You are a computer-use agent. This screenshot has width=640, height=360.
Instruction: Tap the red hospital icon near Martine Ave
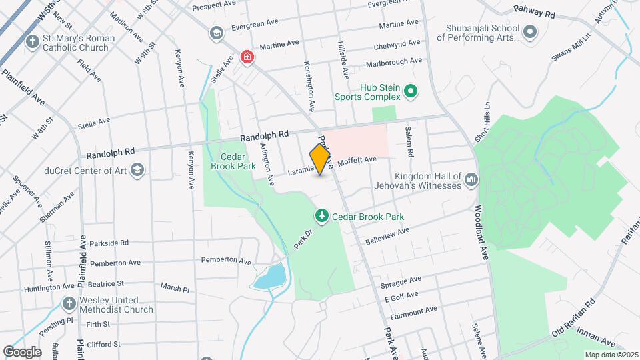[x=247, y=58]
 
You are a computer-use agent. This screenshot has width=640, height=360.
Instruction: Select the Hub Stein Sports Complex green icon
[x=411, y=92]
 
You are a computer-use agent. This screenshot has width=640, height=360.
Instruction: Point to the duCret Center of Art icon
[x=137, y=170]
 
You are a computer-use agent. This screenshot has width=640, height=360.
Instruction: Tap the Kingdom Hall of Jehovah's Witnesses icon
[x=471, y=180]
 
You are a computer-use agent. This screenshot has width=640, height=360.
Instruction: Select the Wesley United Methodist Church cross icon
[x=68, y=304]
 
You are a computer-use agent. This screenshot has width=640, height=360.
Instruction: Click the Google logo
[x=21, y=351]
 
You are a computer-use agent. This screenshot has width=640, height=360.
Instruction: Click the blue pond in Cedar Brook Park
[x=269, y=276]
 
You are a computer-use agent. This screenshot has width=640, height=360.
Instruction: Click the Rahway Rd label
[x=534, y=11]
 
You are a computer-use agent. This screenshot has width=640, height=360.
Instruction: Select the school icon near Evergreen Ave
[x=216, y=33]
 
